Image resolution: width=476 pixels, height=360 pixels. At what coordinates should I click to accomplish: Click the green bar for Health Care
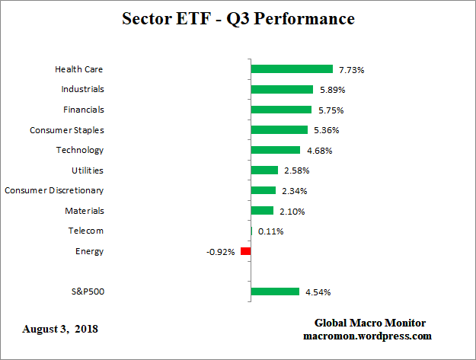point(292,69)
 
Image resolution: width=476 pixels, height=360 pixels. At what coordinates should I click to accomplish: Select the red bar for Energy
point(245,251)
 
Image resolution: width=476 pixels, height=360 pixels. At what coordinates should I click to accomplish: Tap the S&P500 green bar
point(275,292)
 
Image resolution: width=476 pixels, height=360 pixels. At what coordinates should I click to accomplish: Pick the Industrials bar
point(282,89)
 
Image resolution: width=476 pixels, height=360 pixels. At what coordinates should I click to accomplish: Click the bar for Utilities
point(264,170)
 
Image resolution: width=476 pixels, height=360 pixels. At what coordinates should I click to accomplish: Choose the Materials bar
point(262,211)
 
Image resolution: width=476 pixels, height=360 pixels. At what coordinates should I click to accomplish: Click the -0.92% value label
point(222,252)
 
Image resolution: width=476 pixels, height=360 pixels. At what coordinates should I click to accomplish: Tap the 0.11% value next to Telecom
point(270,231)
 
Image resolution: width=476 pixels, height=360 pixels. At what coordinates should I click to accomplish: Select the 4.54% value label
point(317,292)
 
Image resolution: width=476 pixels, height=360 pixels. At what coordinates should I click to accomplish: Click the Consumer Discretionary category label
point(54,190)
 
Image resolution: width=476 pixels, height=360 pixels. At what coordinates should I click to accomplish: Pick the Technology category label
point(80,150)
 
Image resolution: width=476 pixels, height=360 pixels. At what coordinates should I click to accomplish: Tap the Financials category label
point(84,110)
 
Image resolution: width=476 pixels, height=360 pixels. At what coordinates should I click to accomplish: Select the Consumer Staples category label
point(67,130)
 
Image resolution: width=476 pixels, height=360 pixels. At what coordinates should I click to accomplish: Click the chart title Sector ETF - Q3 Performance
point(238,18)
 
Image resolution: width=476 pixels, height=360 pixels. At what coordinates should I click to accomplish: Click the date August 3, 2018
point(60,330)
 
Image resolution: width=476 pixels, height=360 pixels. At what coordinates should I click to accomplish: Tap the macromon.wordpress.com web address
point(369,336)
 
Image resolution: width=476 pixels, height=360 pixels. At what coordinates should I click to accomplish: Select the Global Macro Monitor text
point(369,323)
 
